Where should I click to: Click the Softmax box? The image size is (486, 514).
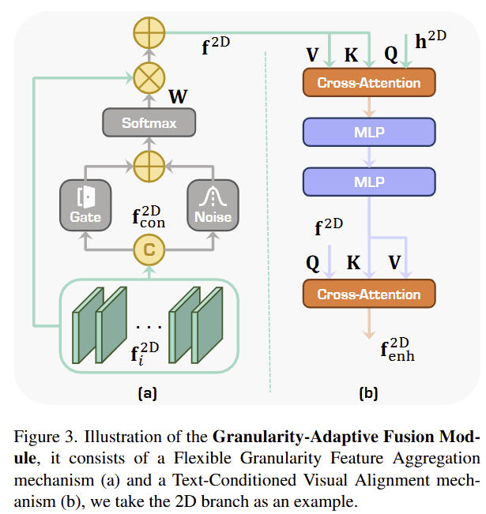pyautogui.click(x=149, y=123)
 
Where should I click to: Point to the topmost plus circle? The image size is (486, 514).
pyautogui.click(x=149, y=33)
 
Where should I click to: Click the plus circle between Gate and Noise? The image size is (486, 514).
pyautogui.click(x=149, y=167)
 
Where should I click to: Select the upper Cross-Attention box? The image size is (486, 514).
pyautogui.click(x=368, y=83)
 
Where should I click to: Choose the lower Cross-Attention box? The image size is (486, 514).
pyautogui.click(x=368, y=295)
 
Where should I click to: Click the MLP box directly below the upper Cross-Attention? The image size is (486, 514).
pyautogui.click(x=368, y=132)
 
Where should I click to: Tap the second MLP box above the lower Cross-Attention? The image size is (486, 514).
pyautogui.click(x=368, y=183)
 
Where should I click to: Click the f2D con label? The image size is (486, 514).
pyautogui.click(x=149, y=217)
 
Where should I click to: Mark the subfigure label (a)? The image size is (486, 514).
pyautogui.click(x=148, y=392)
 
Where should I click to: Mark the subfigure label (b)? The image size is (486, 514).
pyautogui.click(x=368, y=392)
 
